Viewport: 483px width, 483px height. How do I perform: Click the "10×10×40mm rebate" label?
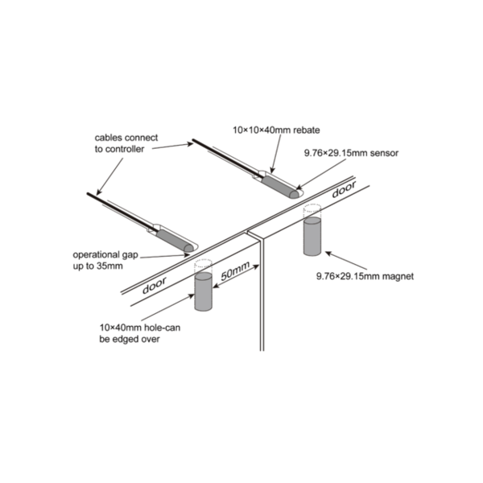click(x=276, y=130)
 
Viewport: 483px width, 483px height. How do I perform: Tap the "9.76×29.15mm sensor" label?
click(x=351, y=153)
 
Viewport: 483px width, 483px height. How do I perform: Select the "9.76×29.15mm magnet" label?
click(x=365, y=276)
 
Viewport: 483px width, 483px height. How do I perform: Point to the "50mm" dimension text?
click(x=235, y=270)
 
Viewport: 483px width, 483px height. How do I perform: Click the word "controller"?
click(x=124, y=149)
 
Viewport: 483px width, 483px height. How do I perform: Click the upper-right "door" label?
click(x=344, y=189)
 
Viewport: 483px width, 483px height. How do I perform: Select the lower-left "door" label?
click(x=155, y=285)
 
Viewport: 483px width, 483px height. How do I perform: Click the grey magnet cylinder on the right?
click(x=312, y=236)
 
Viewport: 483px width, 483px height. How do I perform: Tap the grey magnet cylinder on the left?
click(x=204, y=291)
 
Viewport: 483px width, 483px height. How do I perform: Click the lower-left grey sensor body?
click(x=175, y=242)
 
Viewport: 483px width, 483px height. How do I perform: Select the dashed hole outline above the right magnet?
click(x=312, y=210)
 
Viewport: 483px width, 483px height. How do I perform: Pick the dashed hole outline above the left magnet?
click(x=204, y=266)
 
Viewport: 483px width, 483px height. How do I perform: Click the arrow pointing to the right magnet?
click(x=346, y=261)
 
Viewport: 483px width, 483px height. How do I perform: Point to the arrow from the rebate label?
click(x=275, y=154)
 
